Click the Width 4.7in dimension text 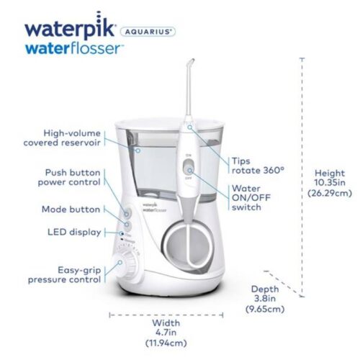166,333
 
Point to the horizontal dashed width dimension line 167,314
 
